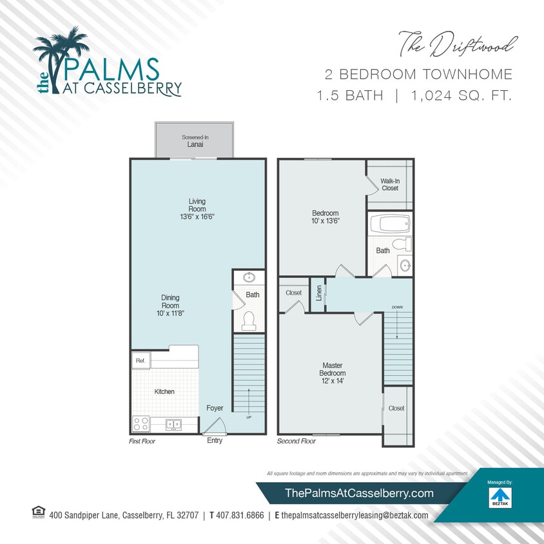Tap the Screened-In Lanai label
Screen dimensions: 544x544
[x=194, y=141]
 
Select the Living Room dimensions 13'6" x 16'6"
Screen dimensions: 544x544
[x=197, y=217]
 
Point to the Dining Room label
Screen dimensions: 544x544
[x=170, y=301]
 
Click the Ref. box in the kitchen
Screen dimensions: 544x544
[x=141, y=361]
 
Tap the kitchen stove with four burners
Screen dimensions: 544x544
[x=141, y=424]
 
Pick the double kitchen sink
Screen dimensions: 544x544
[x=173, y=424]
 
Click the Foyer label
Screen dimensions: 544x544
[x=215, y=408]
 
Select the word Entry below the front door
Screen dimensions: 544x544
[x=215, y=441]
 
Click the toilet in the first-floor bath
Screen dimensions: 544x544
[x=249, y=320]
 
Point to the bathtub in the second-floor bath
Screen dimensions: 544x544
[x=391, y=225]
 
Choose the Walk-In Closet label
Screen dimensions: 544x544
[x=389, y=184]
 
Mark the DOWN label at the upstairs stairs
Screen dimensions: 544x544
[x=396, y=307]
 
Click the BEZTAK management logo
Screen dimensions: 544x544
[x=500, y=497]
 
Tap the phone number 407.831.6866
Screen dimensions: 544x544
[x=237, y=516]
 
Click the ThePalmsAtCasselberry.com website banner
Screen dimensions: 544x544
[x=359, y=493]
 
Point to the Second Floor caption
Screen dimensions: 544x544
[x=296, y=442]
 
